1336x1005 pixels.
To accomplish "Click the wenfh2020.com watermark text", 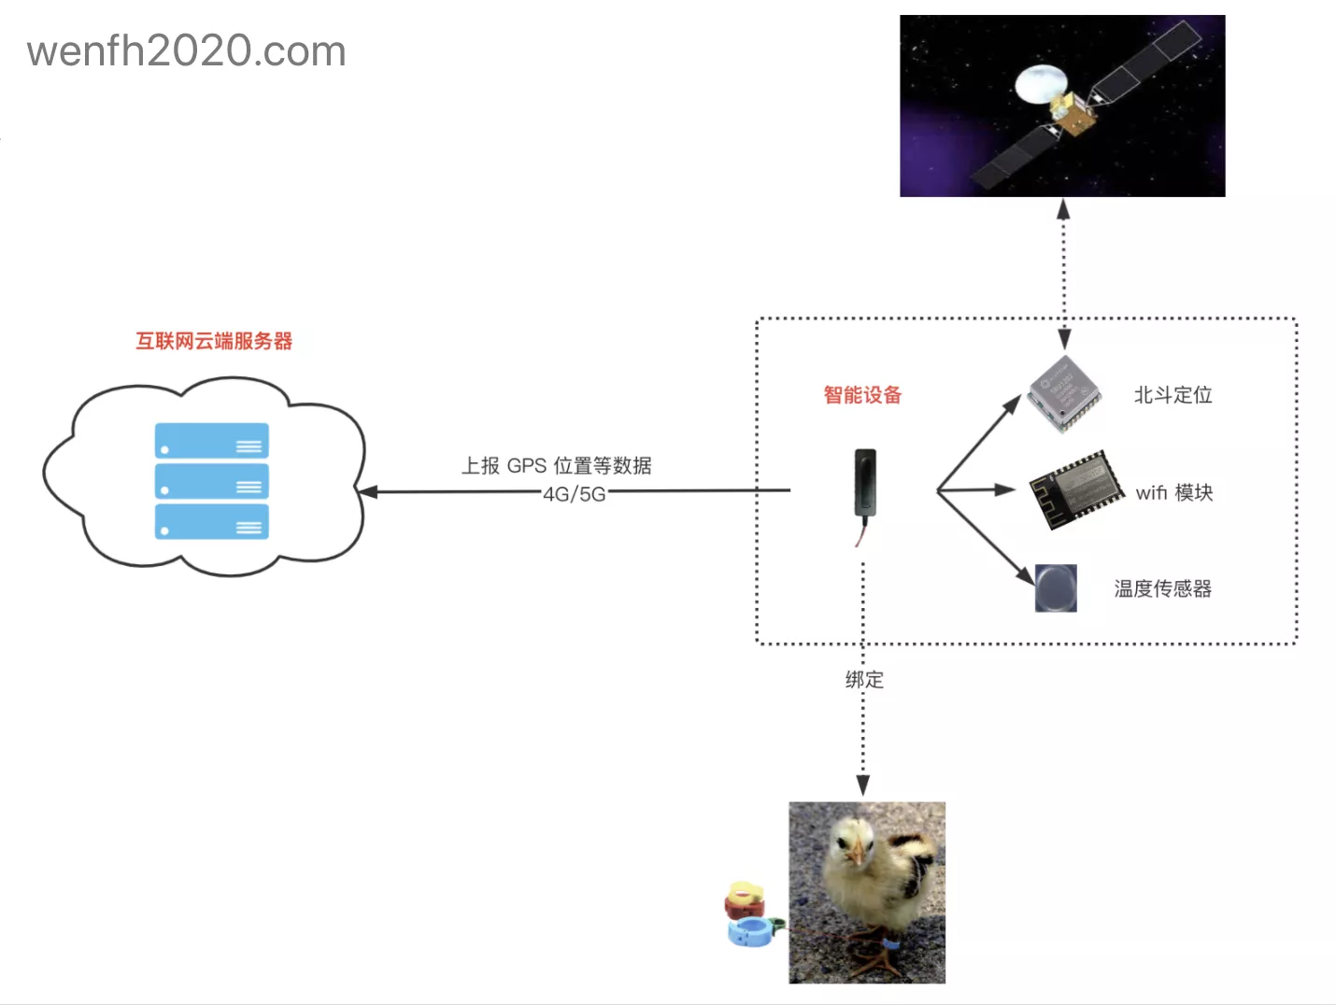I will pos(187,51).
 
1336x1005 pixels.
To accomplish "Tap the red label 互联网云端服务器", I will pos(214,341).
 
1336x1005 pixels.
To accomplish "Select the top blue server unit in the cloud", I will pos(212,441).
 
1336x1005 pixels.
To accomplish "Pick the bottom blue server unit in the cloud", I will pos(212,522).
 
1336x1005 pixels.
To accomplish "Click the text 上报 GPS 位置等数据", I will pos(556,465).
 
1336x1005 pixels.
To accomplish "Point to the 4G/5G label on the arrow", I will pos(575,494).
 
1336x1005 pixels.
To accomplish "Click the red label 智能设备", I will pos(862,395).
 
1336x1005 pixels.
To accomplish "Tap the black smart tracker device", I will pos(865,483).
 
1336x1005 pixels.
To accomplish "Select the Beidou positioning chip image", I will pos(1064,393).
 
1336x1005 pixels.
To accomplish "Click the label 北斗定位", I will pos(1173,395).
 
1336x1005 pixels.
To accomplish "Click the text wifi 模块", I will pos(1174,492).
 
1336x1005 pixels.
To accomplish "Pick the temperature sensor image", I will pos(1056,587).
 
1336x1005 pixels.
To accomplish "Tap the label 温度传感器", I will pos(1162,588).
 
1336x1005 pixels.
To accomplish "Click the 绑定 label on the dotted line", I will pos(864,680).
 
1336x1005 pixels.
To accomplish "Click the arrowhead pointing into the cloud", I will pos(366,491).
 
